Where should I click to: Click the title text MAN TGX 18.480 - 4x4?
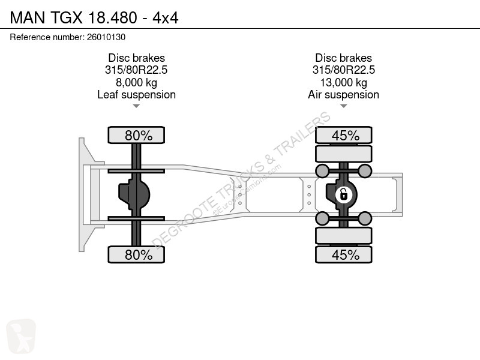pos(94,17)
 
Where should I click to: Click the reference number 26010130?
pos(106,37)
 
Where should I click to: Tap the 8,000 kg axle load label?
pos(137,82)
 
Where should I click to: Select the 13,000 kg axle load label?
pos(343,82)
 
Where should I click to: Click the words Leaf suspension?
pos(137,95)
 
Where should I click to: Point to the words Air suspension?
pos(343,95)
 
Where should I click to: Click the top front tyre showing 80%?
pos(136,135)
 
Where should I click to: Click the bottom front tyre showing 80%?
pos(136,254)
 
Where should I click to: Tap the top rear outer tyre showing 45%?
pos(343,135)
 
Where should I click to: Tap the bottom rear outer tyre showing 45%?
pos(343,254)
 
